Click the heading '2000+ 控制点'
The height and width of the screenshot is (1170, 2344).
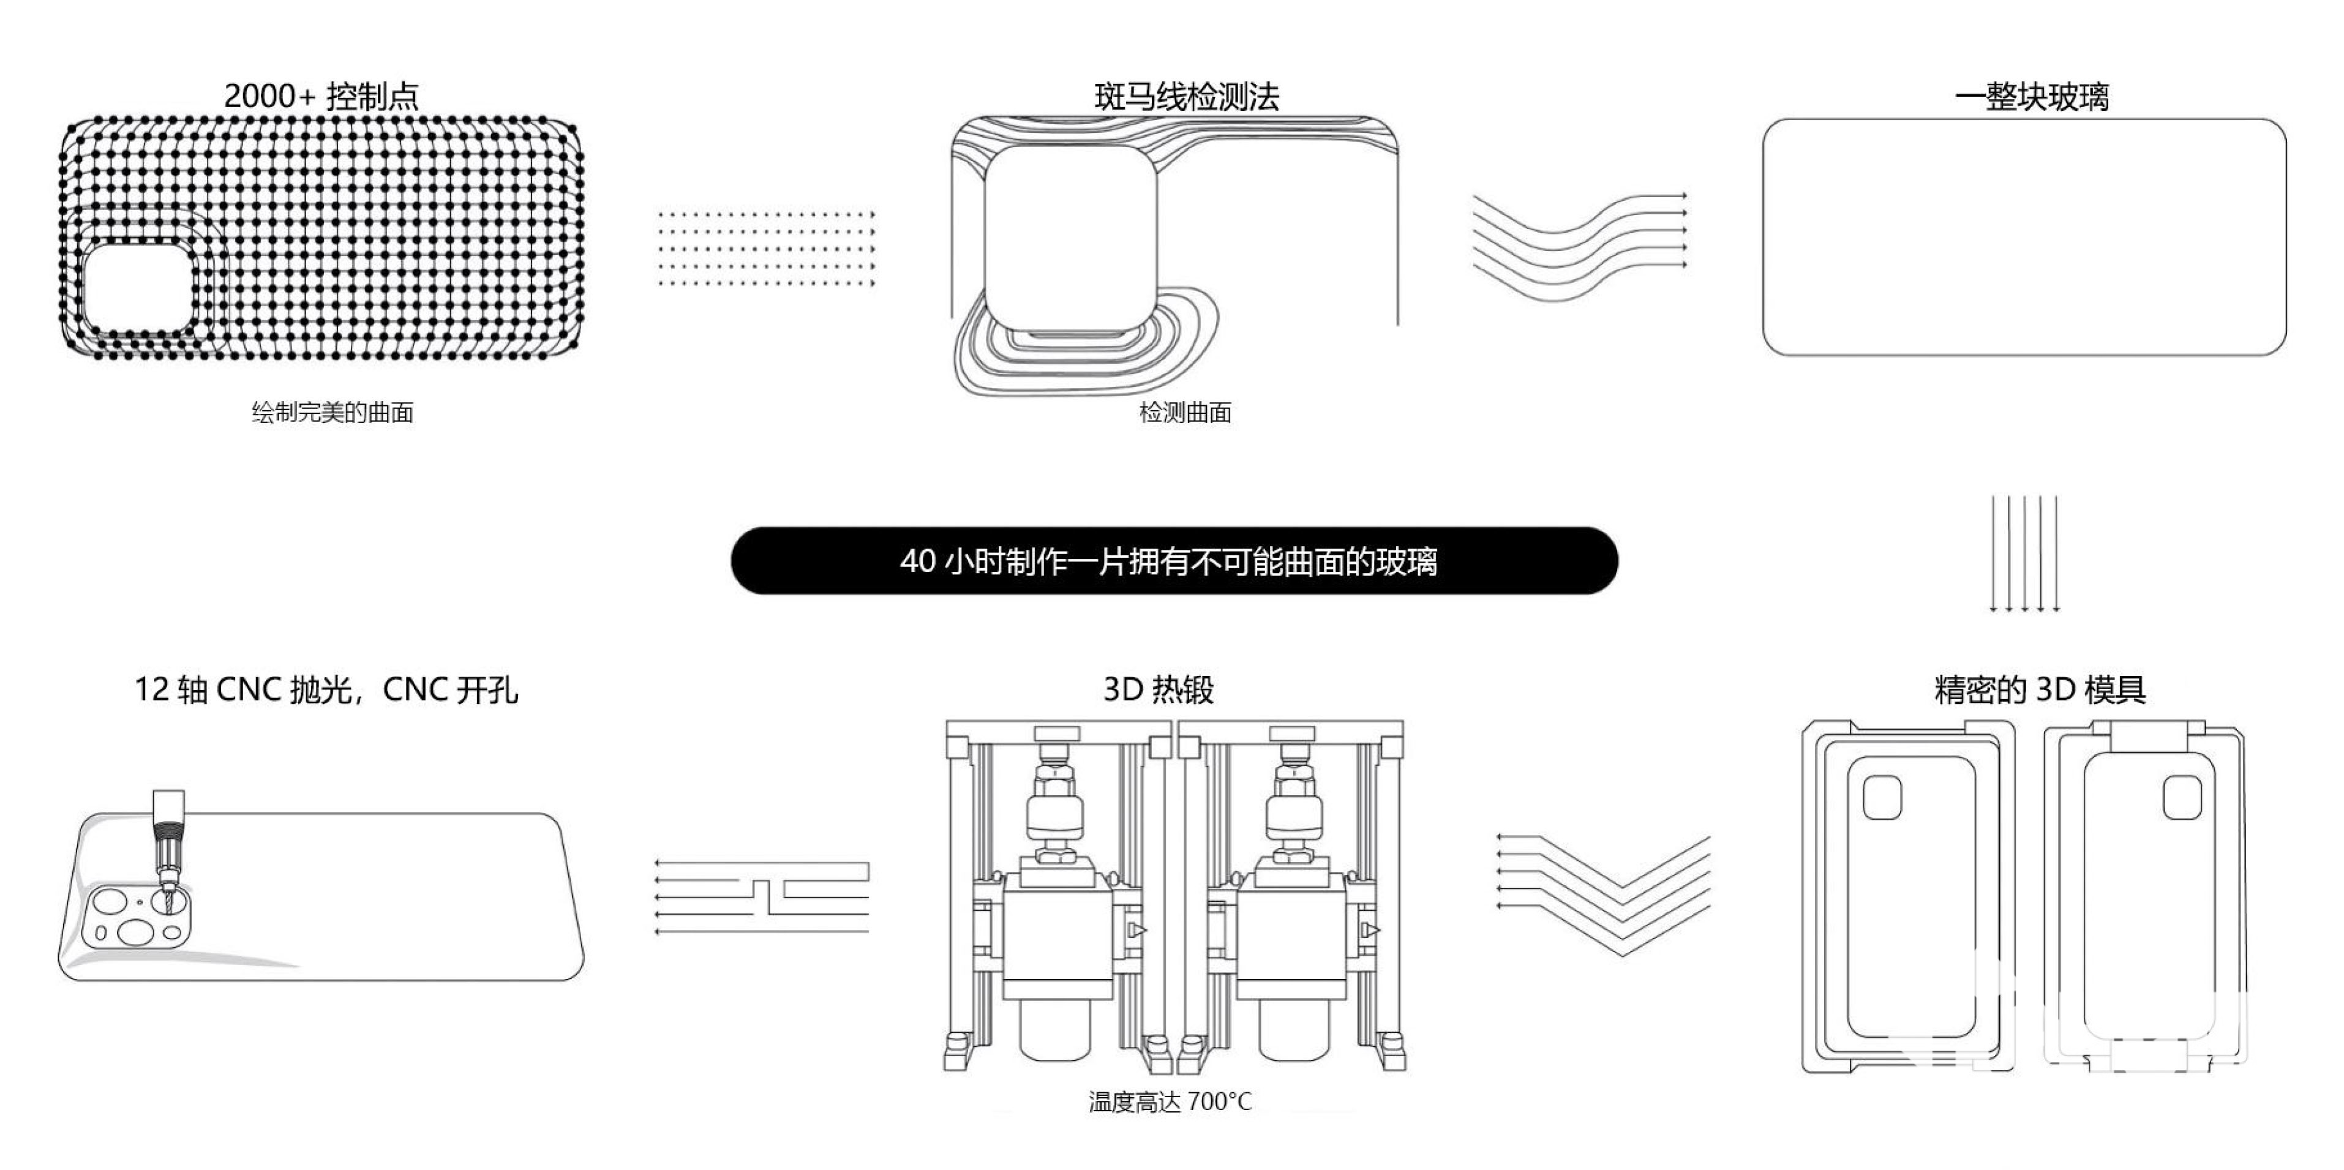click(x=321, y=96)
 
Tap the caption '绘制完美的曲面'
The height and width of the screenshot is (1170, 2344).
click(x=332, y=412)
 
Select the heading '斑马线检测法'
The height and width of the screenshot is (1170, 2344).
click(x=1187, y=96)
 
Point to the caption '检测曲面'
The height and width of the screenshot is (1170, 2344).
click(x=1185, y=412)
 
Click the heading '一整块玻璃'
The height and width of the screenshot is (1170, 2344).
click(x=2031, y=96)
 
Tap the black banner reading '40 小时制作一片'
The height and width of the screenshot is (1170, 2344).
click(x=1174, y=560)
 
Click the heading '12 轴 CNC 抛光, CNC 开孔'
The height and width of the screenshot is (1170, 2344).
click(x=326, y=689)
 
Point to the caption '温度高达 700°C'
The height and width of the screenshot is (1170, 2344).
click(x=1170, y=1102)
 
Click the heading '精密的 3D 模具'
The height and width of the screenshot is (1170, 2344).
click(x=2040, y=689)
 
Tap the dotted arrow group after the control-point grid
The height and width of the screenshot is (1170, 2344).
click(x=766, y=249)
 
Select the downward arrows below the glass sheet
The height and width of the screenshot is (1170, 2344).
click(x=2024, y=553)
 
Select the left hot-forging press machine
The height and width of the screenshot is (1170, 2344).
click(x=1057, y=896)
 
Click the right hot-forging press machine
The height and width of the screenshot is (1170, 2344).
click(x=1291, y=896)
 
